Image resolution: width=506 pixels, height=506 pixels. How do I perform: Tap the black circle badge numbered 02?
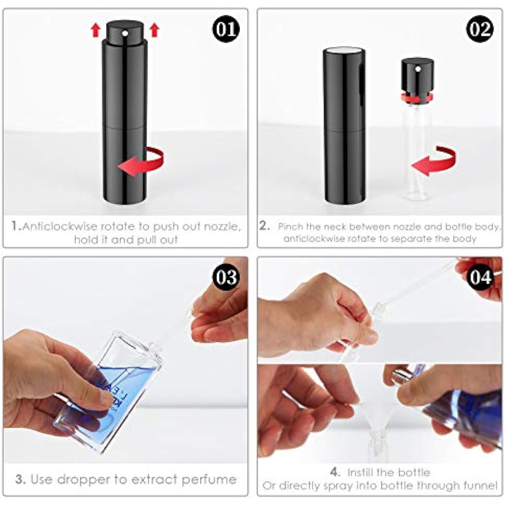[480, 29]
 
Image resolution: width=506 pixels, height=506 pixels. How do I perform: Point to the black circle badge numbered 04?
[480, 277]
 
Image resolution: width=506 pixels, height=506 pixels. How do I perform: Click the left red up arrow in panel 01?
[96, 31]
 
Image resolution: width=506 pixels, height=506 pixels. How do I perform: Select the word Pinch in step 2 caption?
[291, 227]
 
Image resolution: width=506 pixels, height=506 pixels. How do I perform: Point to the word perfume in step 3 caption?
[209, 479]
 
